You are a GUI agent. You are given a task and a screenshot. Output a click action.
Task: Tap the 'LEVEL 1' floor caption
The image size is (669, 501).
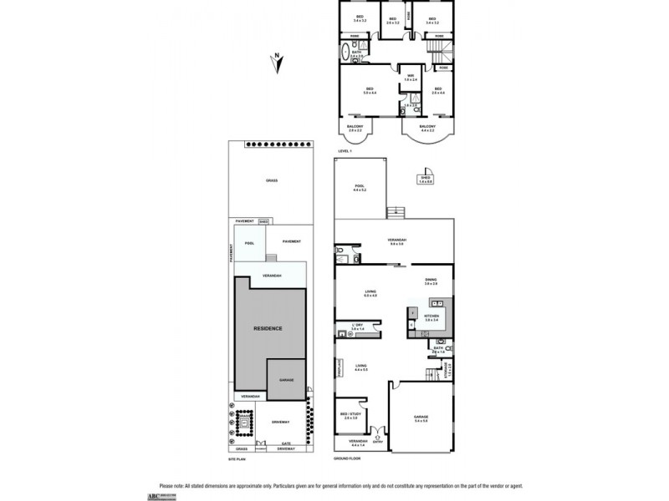(x=345, y=150)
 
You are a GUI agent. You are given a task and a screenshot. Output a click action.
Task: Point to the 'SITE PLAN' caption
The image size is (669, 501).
(x=238, y=458)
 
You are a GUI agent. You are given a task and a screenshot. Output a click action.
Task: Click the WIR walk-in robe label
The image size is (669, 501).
(x=411, y=78)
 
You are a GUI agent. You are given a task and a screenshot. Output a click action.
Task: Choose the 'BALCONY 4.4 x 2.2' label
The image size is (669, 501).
(x=428, y=128)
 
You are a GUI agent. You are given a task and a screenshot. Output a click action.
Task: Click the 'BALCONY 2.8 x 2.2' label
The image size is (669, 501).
(x=355, y=129)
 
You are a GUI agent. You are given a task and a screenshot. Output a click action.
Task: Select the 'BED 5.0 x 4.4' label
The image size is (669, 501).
(x=369, y=91)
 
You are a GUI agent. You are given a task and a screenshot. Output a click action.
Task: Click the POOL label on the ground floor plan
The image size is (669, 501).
(x=360, y=187)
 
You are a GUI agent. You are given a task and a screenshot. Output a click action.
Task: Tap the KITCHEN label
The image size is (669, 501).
(x=432, y=316)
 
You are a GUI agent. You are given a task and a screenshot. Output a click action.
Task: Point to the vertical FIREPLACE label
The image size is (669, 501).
(x=338, y=368)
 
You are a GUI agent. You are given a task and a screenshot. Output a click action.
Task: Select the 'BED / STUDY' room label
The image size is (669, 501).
(x=350, y=414)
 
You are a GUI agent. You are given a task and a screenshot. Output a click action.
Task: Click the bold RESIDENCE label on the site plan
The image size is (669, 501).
(x=268, y=328)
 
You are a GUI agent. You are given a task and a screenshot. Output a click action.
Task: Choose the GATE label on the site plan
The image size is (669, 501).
(x=285, y=443)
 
